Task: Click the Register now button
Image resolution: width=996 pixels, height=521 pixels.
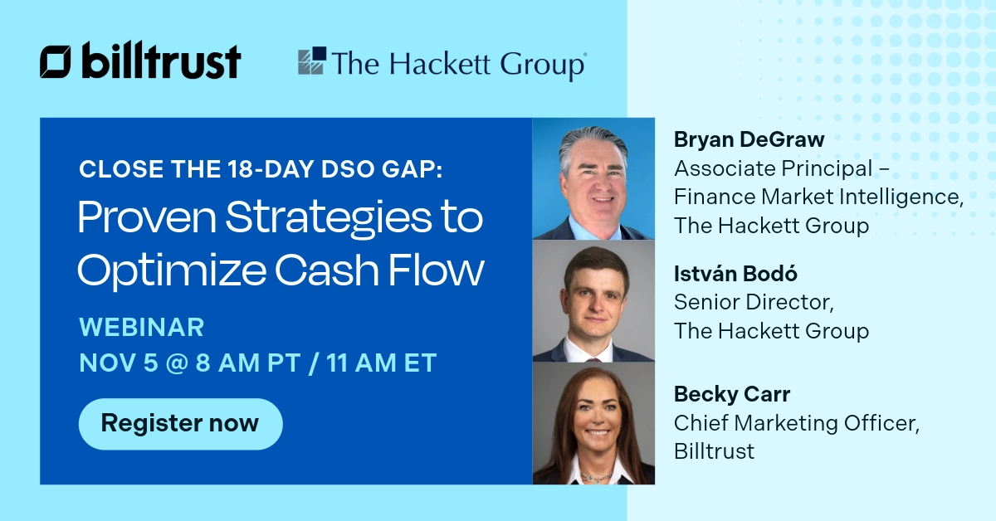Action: point(180,424)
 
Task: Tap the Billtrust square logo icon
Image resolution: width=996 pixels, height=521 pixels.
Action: point(55,62)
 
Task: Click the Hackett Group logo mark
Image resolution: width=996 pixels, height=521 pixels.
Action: point(312,62)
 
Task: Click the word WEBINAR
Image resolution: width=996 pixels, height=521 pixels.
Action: point(141,327)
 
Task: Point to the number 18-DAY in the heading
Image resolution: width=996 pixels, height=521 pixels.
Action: point(266,169)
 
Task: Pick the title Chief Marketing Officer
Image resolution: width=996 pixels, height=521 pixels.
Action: point(796,423)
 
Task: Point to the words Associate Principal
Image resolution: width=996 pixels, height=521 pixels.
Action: point(773,168)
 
